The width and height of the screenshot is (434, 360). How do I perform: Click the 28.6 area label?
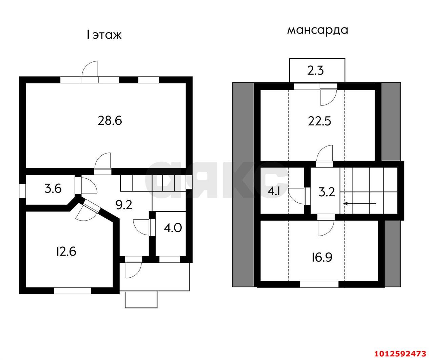click(x=110, y=121)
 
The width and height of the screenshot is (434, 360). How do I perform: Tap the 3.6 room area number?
click(x=53, y=189)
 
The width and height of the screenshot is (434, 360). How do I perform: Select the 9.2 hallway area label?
click(x=124, y=205)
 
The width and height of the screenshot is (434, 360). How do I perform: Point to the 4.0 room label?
click(x=173, y=227)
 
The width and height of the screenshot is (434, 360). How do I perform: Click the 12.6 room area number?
click(x=66, y=251)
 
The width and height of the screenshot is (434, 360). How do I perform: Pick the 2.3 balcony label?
click(x=316, y=71)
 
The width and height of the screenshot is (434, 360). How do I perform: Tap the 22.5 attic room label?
click(x=319, y=121)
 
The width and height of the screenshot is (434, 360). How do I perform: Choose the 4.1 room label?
click(x=274, y=191)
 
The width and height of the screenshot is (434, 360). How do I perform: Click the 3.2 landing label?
click(x=327, y=192)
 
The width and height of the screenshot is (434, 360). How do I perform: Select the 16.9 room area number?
click(x=322, y=257)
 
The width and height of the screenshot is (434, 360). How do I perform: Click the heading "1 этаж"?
click(x=104, y=35)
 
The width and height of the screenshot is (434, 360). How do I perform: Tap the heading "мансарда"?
click(x=318, y=31)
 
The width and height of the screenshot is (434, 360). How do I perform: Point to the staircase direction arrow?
click(x=360, y=203)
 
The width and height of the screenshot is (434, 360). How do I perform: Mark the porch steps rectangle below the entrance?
click(x=141, y=299)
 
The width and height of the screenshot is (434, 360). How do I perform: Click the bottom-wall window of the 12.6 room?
click(x=73, y=291)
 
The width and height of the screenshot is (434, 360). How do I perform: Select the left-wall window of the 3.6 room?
click(x=22, y=191)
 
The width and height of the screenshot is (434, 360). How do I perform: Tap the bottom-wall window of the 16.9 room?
click(x=319, y=284)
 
